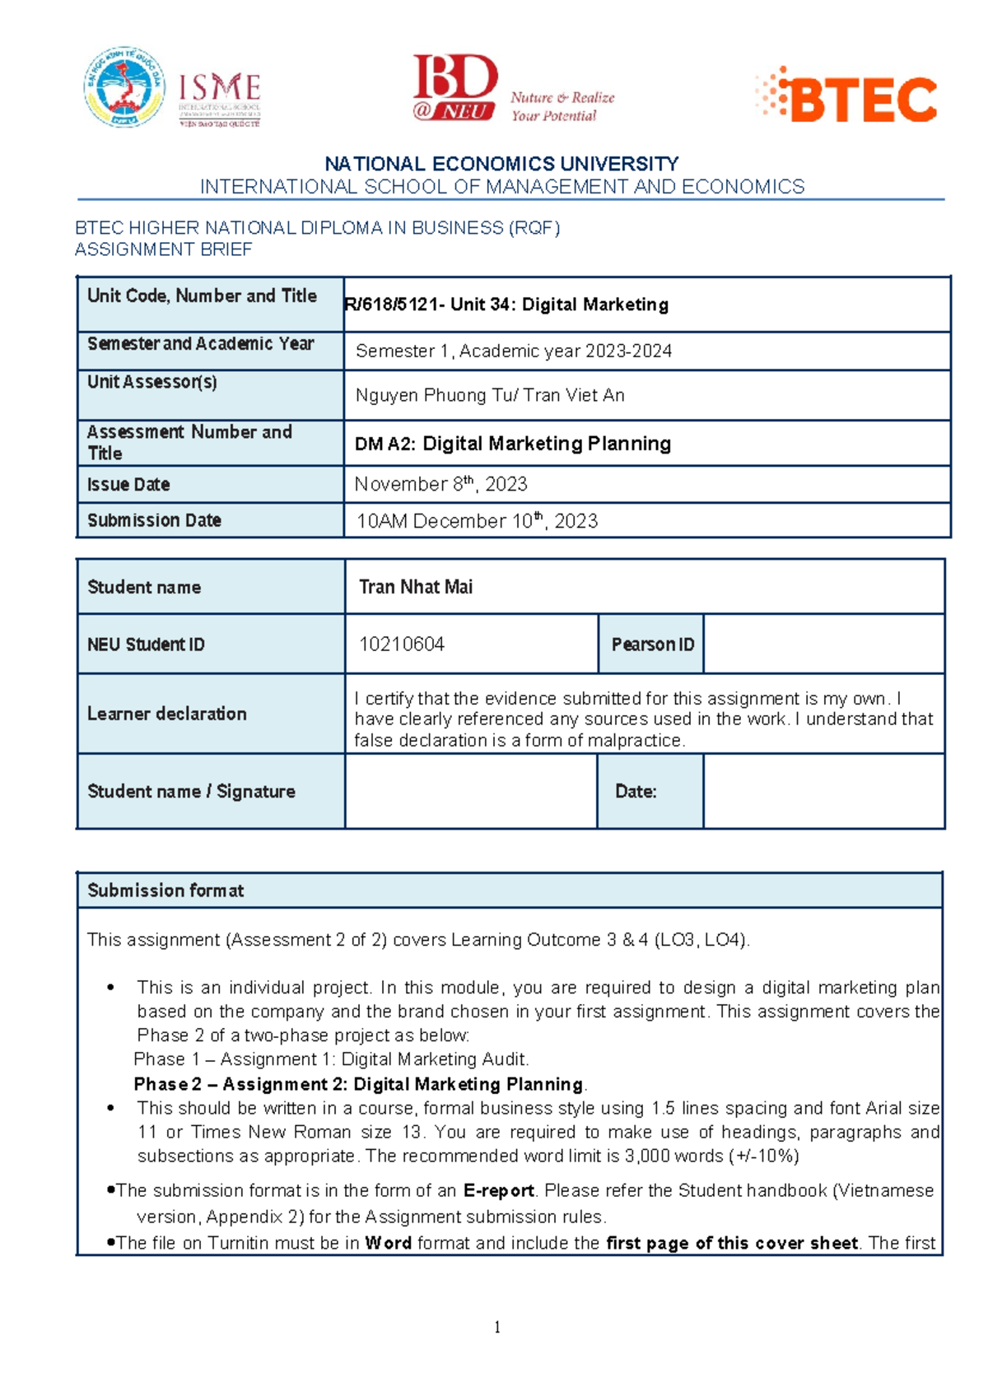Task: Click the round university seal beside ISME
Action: [x=124, y=87]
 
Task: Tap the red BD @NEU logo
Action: [x=454, y=88]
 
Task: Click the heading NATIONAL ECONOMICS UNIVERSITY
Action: [x=501, y=164]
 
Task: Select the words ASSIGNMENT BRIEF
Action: [x=163, y=249]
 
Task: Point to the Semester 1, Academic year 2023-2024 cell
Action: [x=513, y=351]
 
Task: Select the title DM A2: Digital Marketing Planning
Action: [x=512, y=444]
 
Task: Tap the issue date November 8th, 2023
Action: [x=440, y=484]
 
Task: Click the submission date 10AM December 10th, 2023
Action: [x=476, y=521]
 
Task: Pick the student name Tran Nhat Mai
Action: [x=416, y=587]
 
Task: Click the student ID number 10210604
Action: [x=402, y=644]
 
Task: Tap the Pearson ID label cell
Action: [x=651, y=644]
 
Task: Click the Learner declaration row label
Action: [x=167, y=714]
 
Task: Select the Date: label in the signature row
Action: [x=636, y=792]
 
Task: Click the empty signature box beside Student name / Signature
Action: [x=471, y=792]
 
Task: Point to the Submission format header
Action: [x=165, y=891]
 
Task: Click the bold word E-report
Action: [x=499, y=1191]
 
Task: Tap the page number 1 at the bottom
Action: [x=497, y=1327]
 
